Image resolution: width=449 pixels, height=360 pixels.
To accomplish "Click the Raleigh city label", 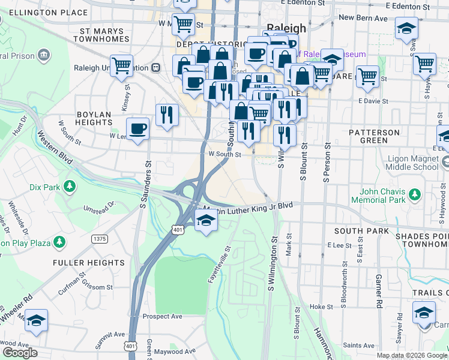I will [x=286, y=28].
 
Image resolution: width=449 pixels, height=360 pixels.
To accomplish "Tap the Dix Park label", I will [x=44, y=187].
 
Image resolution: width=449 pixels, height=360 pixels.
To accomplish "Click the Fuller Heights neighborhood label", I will [x=89, y=262].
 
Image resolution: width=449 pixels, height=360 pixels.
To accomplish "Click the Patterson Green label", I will [x=375, y=136].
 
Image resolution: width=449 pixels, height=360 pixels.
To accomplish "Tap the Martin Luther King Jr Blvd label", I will [x=252, y=207].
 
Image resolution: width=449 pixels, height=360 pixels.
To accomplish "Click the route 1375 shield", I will [x=99, y=239].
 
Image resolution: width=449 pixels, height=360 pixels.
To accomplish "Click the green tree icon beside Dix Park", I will [x=70, y=187].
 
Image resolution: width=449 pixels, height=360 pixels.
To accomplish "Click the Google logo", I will [x=20, y=353].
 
